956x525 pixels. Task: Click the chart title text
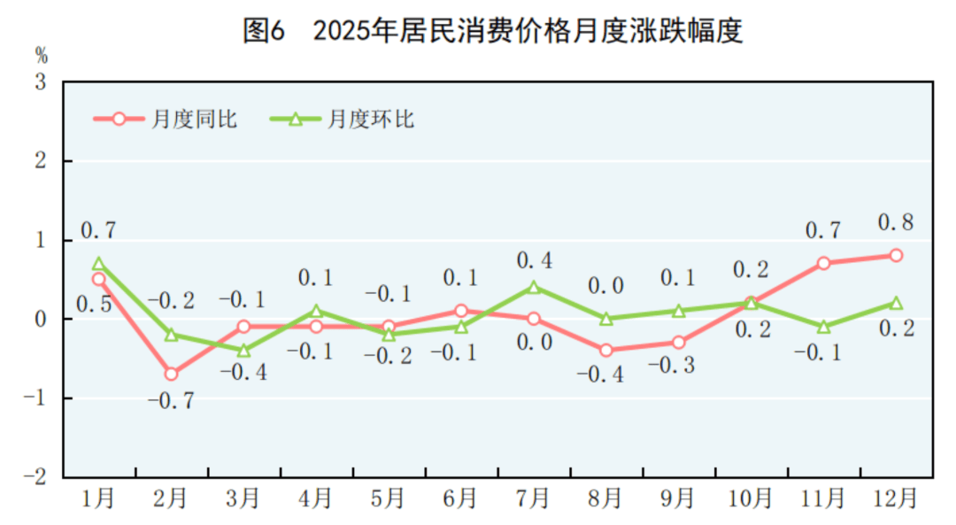click(493, 31)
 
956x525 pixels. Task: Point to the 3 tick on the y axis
click(41, 83)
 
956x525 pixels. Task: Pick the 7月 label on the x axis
click(534, 499)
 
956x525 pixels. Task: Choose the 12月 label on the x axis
click(896, 499)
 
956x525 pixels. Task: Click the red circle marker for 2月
click(171, 374)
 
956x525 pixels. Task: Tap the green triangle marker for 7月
click(534, 287)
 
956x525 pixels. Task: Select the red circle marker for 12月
click(896, 255)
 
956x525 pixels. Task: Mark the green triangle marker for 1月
click(98, 263)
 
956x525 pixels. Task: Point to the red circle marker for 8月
click(606, 350)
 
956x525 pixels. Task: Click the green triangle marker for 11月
click(823, 327)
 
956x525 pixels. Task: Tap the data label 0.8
click(895, 222)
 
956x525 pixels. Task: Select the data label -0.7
click(170, 401)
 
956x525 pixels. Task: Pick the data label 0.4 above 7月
click(535, 260)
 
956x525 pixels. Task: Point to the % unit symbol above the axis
click(41, 54)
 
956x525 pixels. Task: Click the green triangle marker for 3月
click(243, 351)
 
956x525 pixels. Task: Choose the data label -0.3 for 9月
click(678, 366)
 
